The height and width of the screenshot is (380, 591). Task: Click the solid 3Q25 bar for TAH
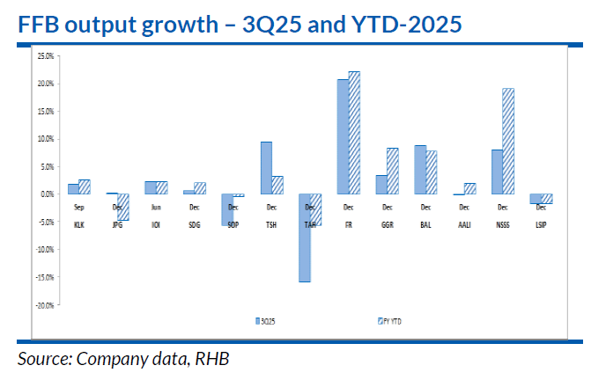(x=304, y=237)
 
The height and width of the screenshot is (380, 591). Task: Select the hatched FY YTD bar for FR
(x=354, y=132)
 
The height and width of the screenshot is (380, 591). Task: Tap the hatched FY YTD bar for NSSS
(x=507, y=141)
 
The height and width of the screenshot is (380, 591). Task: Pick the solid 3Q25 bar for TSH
(x=266, y=167)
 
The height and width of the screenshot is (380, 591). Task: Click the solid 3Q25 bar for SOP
(x=226, y=209)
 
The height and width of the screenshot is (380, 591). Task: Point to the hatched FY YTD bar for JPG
(x=123, y=207)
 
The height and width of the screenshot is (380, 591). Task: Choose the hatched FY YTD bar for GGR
(x=393, y=171)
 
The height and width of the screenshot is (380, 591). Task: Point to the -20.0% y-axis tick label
(x=43, y=304)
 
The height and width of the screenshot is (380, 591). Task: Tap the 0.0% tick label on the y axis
(x=45, y=194)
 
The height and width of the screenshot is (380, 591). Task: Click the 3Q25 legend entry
(x=264, y=320)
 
